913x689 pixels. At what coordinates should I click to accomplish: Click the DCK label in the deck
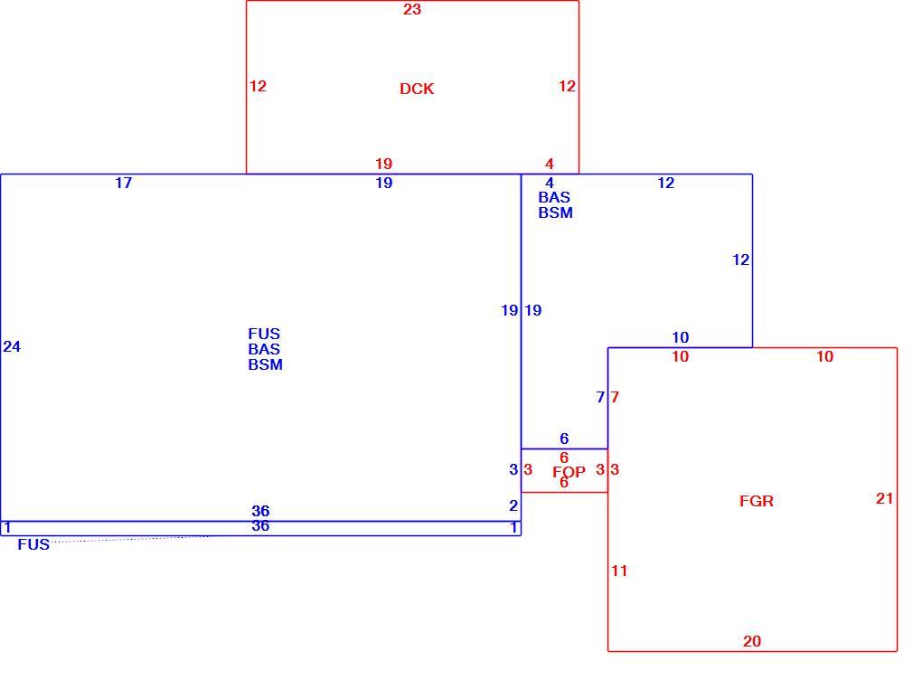point(417,89)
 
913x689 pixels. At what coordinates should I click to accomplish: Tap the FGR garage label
point(757,501)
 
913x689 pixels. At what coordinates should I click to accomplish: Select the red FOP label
point(569,472)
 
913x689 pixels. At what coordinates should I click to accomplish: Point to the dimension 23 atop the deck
point(412,9)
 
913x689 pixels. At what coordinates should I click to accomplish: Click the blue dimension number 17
point(124,183)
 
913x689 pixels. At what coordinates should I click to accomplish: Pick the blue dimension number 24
point(12,346)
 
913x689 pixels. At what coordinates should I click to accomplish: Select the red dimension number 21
point(884,498)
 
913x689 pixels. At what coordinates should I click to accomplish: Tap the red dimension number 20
point(752,641)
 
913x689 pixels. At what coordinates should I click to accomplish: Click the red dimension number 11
point(619,571)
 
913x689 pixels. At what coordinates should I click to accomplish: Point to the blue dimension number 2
point(513,505)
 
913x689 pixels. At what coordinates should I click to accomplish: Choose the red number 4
point(549,165)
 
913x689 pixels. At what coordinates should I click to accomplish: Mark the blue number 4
point(549,183)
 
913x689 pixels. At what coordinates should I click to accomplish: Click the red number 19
point(383,165)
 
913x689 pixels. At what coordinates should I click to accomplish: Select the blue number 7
point(600,397)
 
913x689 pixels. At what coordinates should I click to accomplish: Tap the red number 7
point(615,397)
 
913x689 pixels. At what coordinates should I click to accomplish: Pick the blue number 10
point(680,337)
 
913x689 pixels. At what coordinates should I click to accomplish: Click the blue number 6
point(564,439)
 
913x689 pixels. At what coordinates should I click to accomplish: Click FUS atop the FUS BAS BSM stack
point(264,334)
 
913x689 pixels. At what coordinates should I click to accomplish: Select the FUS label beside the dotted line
point(33,544)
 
